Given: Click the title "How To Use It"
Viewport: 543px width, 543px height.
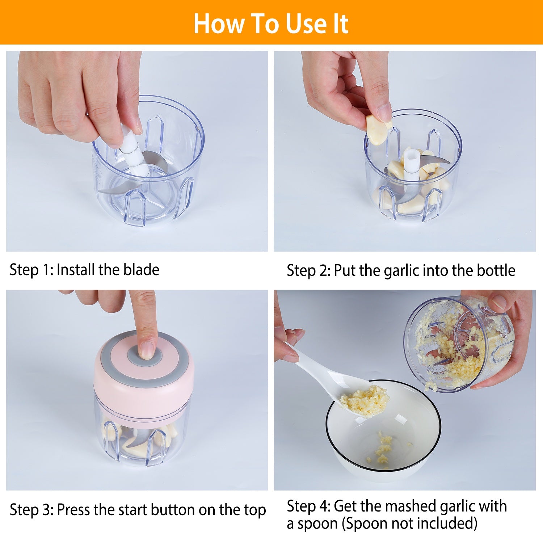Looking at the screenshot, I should coord(271,24).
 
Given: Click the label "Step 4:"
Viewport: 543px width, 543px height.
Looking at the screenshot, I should coord(308,506).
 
